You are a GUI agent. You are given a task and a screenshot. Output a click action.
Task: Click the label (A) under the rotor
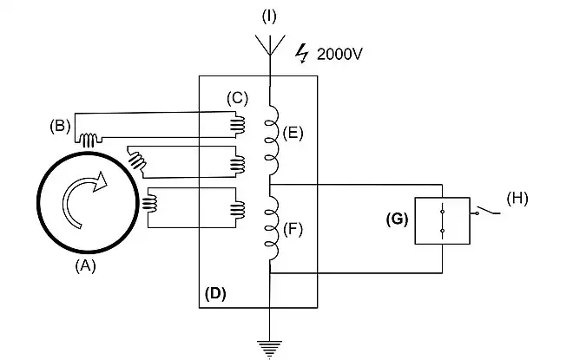(x=84, y=267)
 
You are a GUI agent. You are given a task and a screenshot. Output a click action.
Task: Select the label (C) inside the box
(x=238, y=97)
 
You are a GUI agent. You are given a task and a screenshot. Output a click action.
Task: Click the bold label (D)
(x=215, y=293)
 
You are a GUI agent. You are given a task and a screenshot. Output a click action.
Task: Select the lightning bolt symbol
(x=302, y=54)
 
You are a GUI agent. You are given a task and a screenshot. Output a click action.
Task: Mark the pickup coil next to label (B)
(x=89, y=138)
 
